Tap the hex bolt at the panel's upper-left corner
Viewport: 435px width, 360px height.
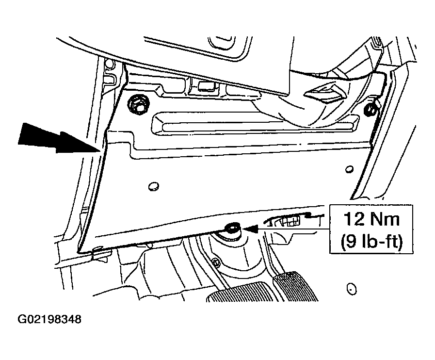pos(138,105)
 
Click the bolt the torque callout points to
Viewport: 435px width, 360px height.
pos(232,229)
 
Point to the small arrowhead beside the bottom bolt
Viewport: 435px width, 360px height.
pos(250,229)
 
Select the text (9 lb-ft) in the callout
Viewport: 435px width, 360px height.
pos(371,241)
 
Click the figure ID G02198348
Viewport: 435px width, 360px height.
pos(49,319)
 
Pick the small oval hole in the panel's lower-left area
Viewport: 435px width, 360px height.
pos(153,186)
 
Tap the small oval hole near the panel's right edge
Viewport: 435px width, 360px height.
pos(349,169)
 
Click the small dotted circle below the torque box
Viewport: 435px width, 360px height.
pos(352,289)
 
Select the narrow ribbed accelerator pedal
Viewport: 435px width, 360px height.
pos(296,286)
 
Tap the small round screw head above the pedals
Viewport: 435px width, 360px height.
pos(216,262)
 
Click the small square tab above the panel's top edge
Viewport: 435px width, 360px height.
pos(207,86)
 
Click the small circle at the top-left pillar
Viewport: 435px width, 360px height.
pos(110,65)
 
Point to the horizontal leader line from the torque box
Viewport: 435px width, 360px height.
pos(294,229)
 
